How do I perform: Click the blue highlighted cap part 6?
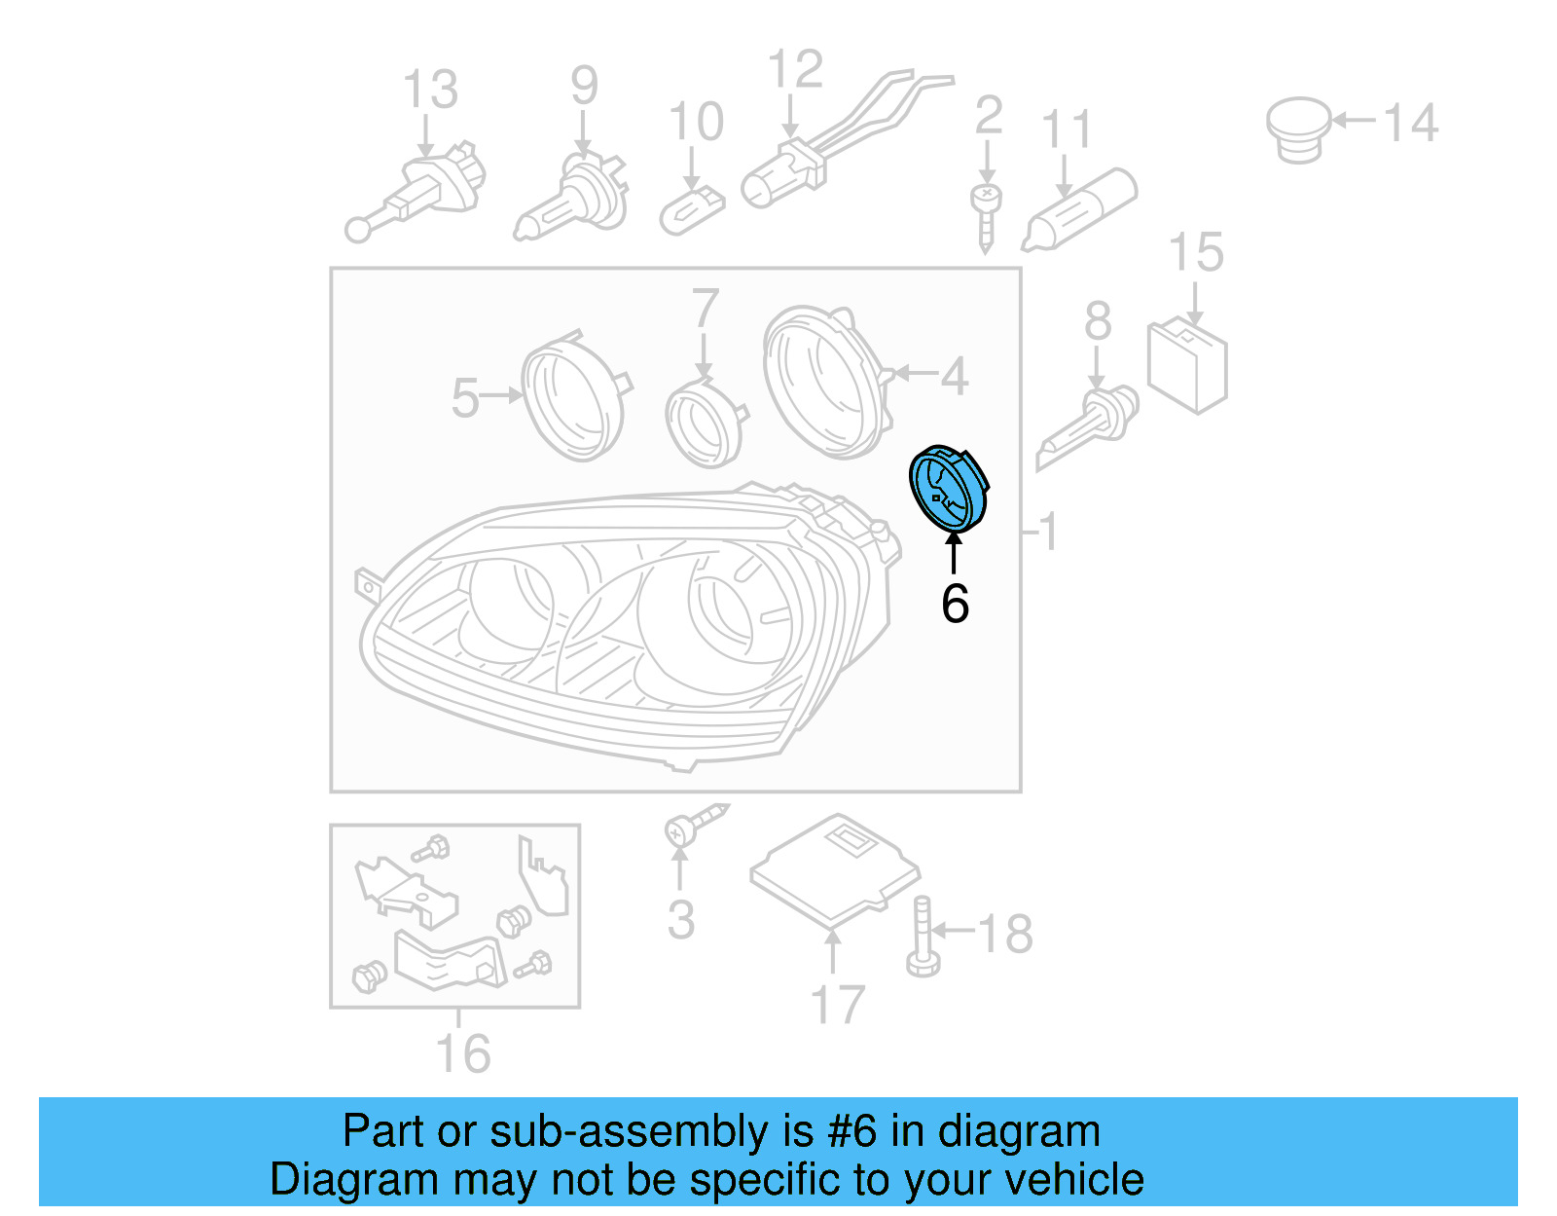[947, 489]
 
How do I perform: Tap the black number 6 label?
[955, 604]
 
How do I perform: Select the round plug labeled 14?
[1299, 129]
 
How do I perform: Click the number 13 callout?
[430, 90]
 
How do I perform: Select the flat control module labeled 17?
[835, 869]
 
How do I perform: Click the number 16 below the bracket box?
[462, 1054]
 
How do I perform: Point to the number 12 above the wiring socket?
[795, 70]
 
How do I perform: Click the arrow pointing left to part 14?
[1354, 121]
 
